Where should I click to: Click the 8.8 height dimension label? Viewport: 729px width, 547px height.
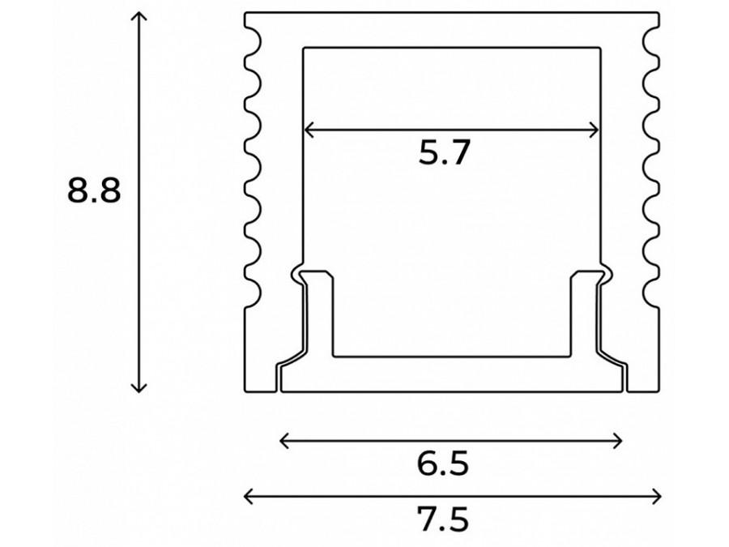tap(94, 192)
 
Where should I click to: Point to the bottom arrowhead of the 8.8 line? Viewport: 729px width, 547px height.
tap(141, 390)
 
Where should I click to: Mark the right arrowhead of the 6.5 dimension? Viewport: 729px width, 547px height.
tap(620, 441)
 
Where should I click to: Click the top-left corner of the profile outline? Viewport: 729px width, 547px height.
tap(245, 13)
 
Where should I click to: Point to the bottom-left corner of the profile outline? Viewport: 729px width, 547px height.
tap(245, 391)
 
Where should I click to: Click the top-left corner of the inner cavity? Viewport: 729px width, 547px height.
tap(304, 47)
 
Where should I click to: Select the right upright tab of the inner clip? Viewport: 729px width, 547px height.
tap(585, 312)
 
